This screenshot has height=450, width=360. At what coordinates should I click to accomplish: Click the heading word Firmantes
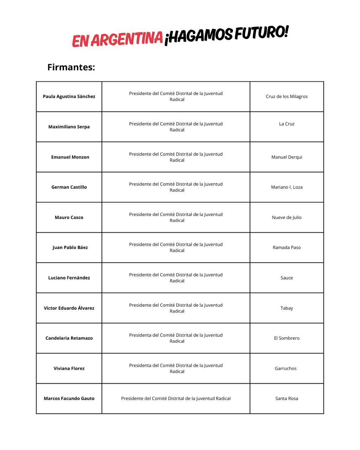(71, 67)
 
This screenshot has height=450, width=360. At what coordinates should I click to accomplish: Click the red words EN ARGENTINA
(117, 39)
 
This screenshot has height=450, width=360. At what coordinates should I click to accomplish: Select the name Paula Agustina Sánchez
(69, 96)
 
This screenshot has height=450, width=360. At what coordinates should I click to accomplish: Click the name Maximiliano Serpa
(69, 127)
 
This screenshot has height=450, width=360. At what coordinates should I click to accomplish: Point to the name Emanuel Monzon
(70, 157)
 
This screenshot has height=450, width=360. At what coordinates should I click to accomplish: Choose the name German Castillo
(69, 187)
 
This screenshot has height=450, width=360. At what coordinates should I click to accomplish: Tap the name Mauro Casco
(69, 217)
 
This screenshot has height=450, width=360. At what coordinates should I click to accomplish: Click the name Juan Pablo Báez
(70, 247)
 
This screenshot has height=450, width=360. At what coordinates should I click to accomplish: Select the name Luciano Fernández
(69, 278)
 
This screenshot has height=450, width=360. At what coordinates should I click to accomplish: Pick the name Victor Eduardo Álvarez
(69, 308)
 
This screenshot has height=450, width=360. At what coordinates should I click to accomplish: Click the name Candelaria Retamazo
(69, 338)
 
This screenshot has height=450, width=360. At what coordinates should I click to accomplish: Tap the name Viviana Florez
(69, 368)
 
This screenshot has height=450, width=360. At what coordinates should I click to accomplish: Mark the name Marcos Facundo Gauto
(69, 398)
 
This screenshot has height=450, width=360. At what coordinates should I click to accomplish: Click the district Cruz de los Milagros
(287, 96)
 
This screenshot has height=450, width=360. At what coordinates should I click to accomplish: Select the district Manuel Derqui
(287, 157)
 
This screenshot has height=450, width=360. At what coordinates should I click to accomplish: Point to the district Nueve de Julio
(287, 217)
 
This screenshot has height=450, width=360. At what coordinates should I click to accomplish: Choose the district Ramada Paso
(287, 247)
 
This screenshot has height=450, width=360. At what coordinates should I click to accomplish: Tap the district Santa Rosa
(287, 398)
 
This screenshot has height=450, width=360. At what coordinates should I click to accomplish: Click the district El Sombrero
(287, 338)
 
